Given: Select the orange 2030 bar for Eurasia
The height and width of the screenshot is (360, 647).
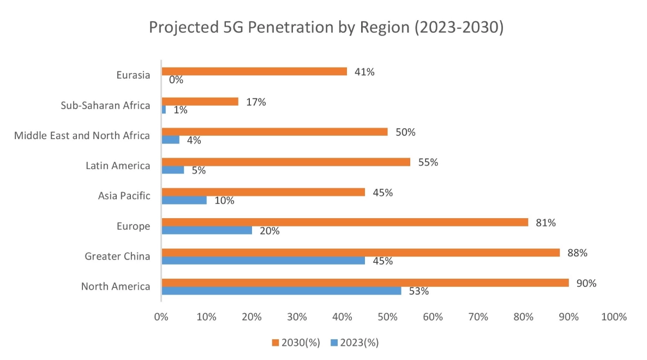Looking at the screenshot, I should (x=254, y=71).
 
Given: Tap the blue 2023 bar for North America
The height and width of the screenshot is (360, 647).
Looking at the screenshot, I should (x=281, y=291).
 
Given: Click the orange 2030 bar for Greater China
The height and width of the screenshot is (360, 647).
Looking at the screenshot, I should (x=361, y=253).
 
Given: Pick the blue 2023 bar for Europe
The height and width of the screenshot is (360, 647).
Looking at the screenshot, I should (x=207, y=230).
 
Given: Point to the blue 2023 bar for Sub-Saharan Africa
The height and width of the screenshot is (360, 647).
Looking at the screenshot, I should (x=164, y=110).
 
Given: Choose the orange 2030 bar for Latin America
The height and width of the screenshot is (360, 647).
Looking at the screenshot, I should (x=286, y=162).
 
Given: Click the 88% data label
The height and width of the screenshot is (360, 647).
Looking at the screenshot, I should (x=577, y=253).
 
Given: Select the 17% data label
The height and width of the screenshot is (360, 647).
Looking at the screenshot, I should (x=255, y=102).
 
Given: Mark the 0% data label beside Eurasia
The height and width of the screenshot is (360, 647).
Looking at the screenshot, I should (x=176, y=80).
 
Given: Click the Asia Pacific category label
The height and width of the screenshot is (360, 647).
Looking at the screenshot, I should (x=124, y=195).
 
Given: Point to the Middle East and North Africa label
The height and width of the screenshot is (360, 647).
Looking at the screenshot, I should (x=82, y=135).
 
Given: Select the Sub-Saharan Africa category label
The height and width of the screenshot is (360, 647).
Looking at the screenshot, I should (x=105, y=105).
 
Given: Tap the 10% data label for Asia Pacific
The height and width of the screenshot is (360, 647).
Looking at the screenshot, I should (x=224, y=201).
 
